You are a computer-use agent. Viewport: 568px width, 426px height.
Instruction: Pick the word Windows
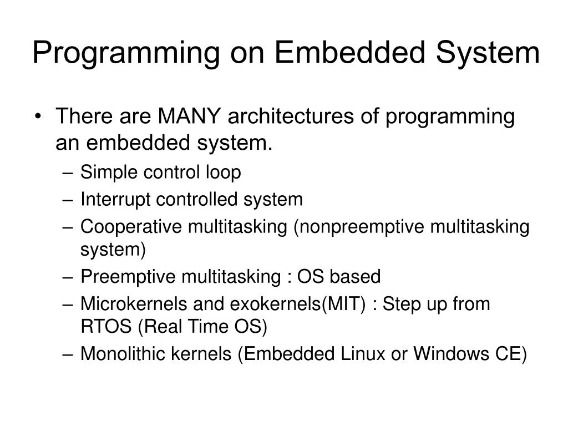(x=447, y=354)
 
